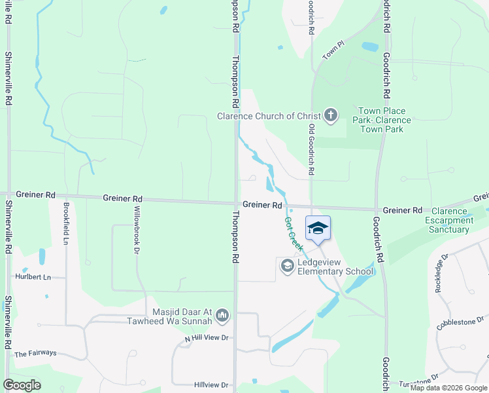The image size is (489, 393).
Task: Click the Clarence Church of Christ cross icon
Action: [x=331, y=116]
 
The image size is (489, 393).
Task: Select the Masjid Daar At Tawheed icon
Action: [x=222, y=316]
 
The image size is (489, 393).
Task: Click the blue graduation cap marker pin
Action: [x=318, y=229]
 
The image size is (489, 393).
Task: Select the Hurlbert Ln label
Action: [x=33, y=277]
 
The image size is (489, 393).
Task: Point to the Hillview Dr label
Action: [x=211, y=385]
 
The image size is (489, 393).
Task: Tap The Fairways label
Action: [x=35, y=353]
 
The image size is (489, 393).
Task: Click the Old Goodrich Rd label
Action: [x=312, y=150]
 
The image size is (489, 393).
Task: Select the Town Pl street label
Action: [x=333, y=50]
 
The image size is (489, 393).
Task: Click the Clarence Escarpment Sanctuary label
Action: [x=450, y=220]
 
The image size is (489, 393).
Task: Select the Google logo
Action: [x=22, y=385]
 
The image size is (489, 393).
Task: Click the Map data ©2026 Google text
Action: [x=449, y=388]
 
